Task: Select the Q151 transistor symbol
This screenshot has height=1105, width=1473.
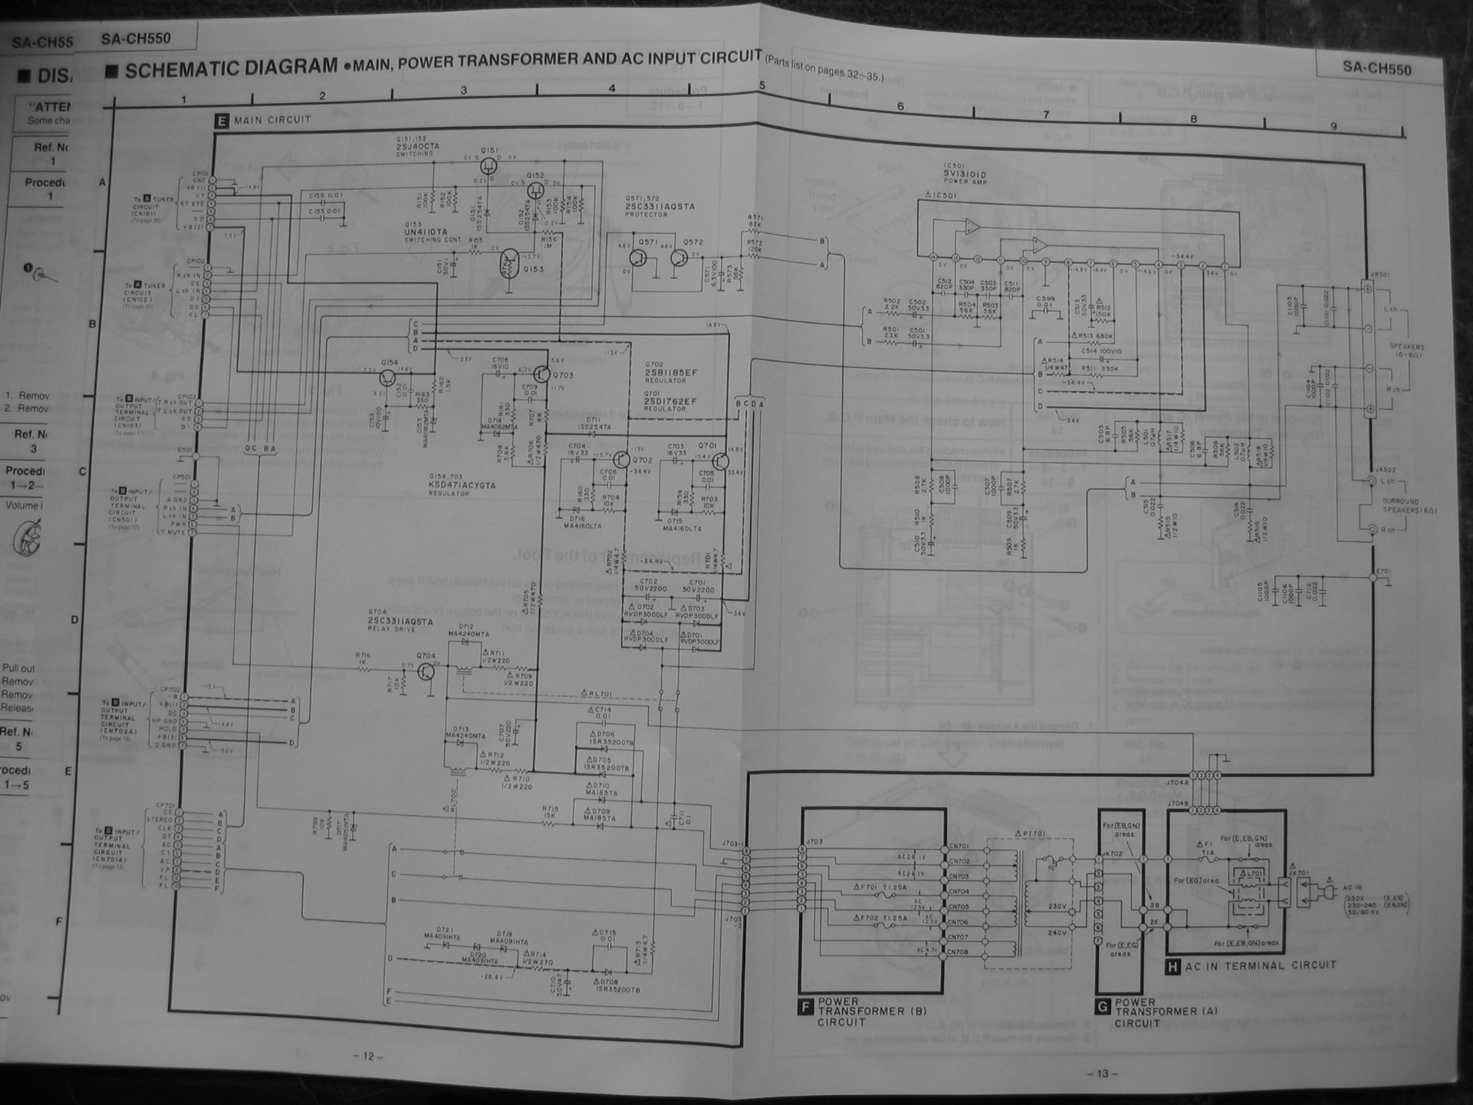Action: (x=488, y=164)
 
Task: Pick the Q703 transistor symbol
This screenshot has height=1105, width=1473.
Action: (x=541, y=375)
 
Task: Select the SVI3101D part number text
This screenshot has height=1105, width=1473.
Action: (x=964, y=175)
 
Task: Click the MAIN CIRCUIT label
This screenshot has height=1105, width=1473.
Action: (x=272, y=120)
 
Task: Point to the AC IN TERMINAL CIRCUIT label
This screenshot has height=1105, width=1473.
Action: (x=1261, y=965)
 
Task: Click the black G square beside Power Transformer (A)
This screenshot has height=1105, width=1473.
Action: (x=1103, y=1007)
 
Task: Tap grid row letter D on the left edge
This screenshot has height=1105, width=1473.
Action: (x=75, y=620)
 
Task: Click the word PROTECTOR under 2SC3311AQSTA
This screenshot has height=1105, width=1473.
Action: (x=646, y=214)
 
